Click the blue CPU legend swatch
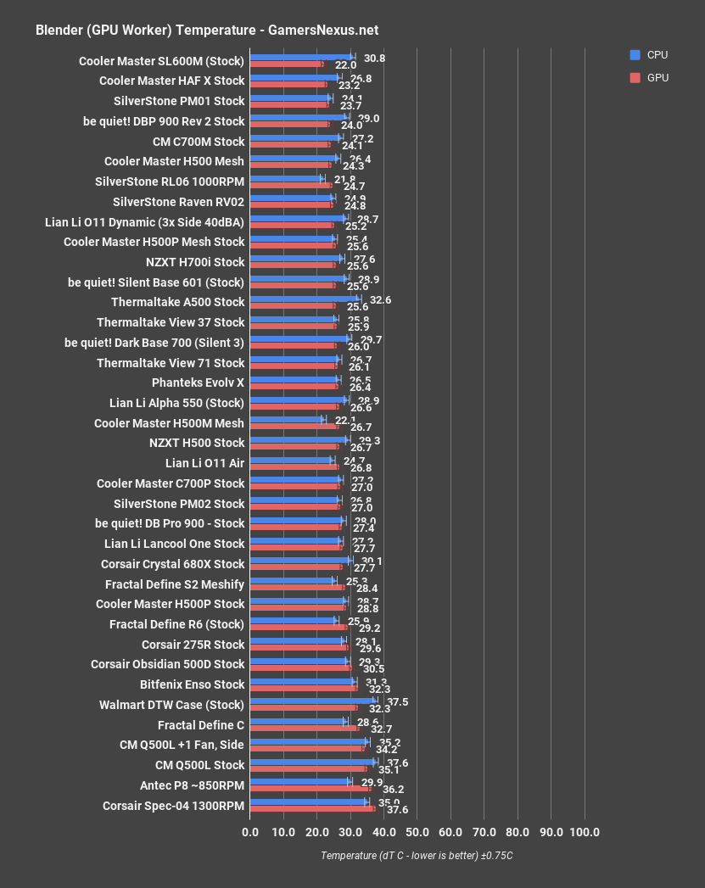pyautogui.click(x=635, y=55)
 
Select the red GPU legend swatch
pyautogui.click(x=635, y=77)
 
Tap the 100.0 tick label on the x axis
pyautogui.click(x=584, y=832)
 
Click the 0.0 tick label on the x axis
pyautogui.click(x=250, y=832)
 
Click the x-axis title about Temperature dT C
pyautogui.click(x=417, y=855)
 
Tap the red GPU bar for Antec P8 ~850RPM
pyautogui.click(x=310, y=789)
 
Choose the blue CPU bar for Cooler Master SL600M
pyautogui.click(x=301, y=57)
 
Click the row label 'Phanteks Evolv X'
pyautogui.click(x=198, y=383)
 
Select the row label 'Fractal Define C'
pyautogui.click(x=201, y=725)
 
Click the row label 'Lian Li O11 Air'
pyautogui.click(x=204, y=463)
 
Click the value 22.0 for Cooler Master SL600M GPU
pyautogui.click(x=345, y=65)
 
